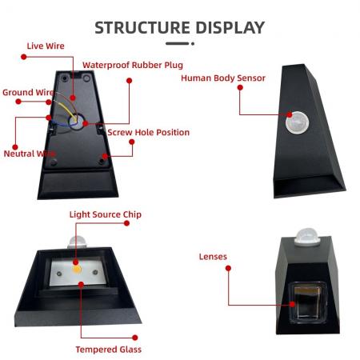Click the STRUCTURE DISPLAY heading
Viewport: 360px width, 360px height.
tap(180, 28)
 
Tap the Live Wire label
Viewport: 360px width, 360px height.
tap(46, 46)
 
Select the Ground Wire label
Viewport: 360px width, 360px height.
tap(28, 92)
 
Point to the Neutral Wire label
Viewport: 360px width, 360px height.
tap(30, 154)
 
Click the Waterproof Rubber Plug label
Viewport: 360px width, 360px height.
tap(133, 65)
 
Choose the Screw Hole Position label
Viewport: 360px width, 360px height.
tap(149, 132)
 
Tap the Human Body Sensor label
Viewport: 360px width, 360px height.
tap(223, 78)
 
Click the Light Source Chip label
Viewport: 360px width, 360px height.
tap(106, 214)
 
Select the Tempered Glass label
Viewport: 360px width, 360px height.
tap(109, 350)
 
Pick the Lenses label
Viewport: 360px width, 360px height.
tap(213, 257)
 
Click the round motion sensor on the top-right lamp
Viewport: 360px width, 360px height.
tap(297, 122)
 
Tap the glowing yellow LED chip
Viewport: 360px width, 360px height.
tap(77, 270)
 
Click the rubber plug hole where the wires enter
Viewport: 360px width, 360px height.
tap(77, 122)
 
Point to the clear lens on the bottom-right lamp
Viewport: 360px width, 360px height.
tap(307, 302)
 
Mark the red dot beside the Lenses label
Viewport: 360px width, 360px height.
tap(228, 268)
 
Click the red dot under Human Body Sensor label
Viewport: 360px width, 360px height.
tap(240, 87)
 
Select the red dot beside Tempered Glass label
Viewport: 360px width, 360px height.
tap(135, 338)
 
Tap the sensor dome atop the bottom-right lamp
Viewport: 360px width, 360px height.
tap(307, 237)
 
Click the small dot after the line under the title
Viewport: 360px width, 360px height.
tap(193, 43)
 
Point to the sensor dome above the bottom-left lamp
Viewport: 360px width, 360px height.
tap(78, 242)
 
